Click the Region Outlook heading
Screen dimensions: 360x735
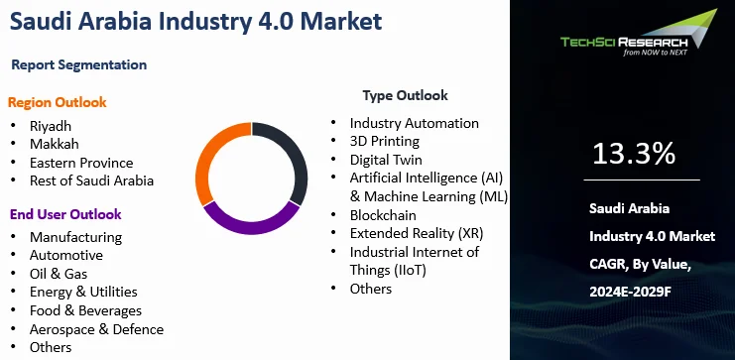point(58,102)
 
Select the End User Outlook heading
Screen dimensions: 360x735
point(65,214)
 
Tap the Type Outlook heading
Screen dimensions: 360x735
point(405,95)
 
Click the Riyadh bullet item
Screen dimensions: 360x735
point(51,126)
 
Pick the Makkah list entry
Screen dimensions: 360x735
point(54,144)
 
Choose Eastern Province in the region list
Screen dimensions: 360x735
point(81,163)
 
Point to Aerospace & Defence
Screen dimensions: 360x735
point(96,329)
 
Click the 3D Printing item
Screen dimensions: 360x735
point(385,142)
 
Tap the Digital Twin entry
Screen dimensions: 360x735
point(386,160)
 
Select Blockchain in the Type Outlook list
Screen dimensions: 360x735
point(383,215)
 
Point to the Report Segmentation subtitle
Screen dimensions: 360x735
point(79,64)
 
